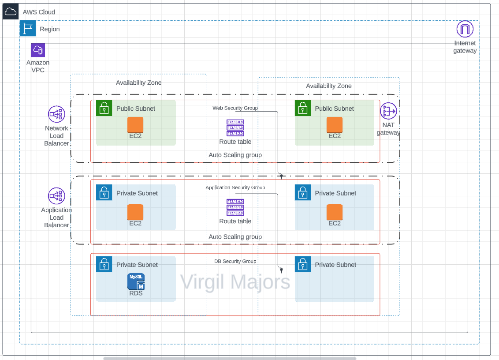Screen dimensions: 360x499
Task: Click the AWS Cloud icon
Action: (10, 12)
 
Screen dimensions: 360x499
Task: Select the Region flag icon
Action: (28, 29)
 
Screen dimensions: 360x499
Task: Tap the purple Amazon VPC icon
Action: (38, 50)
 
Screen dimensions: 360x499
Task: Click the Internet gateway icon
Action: (465, 30)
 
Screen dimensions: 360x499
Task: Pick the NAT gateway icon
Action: (388, 111)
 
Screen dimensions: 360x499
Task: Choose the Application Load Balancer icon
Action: (56, 196)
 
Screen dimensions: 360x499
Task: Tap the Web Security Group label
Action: (235, 108)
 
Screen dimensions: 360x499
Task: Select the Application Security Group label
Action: (235, 187)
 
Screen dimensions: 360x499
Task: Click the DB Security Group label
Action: (235, 261)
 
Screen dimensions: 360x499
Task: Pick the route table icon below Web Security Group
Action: (235, 127)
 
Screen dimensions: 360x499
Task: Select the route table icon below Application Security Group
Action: (235, 207)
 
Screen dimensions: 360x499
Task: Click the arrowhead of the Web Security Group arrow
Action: (281, 177)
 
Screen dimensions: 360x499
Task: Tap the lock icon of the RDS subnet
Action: (104, 264)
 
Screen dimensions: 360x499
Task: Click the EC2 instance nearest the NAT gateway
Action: (335, 124)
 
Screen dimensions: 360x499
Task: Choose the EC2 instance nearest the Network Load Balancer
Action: (135, 124)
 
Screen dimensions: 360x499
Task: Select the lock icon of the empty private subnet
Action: (302, 264)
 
